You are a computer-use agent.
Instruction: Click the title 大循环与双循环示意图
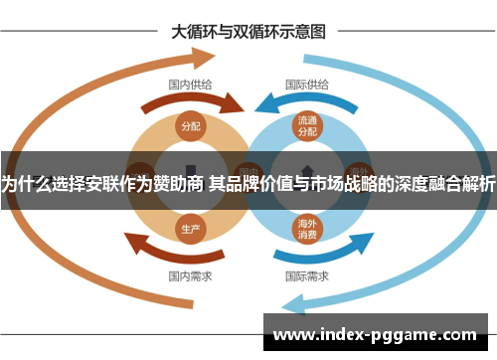[x=248, y=31]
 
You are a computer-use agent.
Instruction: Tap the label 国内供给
[x=189, y=85]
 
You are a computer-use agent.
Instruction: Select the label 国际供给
[x=308, y=85]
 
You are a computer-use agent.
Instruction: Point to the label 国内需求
[x=189, y=275]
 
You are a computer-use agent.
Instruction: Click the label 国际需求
[x=308, y=275]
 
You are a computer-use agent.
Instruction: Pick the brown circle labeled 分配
[x=190, y=126]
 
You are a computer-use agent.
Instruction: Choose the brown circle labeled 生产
[x=190, y=228]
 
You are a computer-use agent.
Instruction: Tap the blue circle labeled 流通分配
[x=307, y=126]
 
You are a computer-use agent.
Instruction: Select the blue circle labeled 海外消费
[x=307, y=229]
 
